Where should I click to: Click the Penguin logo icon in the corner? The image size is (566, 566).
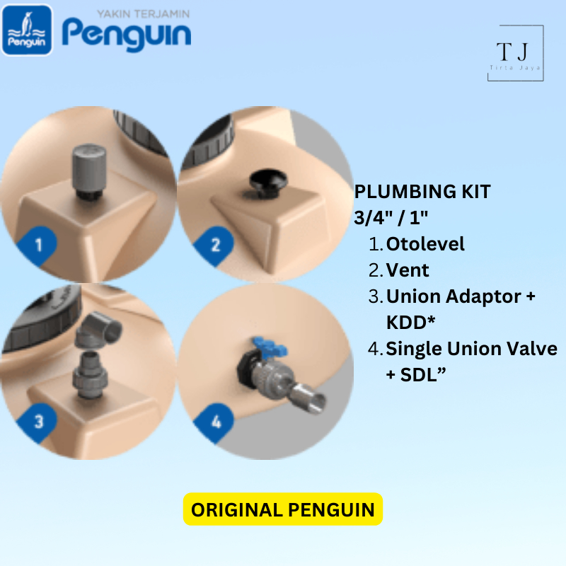pyautogui.click(x=27, y=30)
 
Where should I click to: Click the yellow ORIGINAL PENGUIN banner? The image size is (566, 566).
pyautogui.click(x=283, y=509)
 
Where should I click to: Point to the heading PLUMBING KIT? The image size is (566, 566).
pyautogui.click(x=422, y=192)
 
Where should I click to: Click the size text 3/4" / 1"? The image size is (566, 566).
pyautogui.click(x=392, y=218)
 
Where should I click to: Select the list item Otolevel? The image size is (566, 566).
pyautogui.click(x=425, y=244)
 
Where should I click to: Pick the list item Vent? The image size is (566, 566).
pyautogui.click(x=408, y=270)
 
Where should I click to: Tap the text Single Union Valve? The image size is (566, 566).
pyautogui.click(x=471, y=348)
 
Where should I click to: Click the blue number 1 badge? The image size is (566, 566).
pyautogui.click(x=38, y=246)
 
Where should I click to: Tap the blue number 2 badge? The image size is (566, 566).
pyautogui.click(x=216, y=246)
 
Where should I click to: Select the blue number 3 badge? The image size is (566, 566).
pyautogui.click(x=38, y=422)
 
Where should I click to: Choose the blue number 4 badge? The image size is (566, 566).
pyautogui.click(x=216, y=422)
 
